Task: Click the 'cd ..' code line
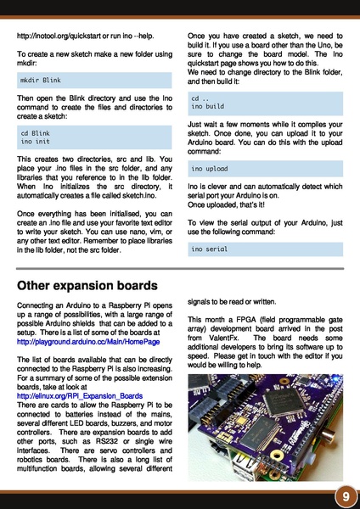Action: point(200,98)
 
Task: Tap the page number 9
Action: point(346,496)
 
